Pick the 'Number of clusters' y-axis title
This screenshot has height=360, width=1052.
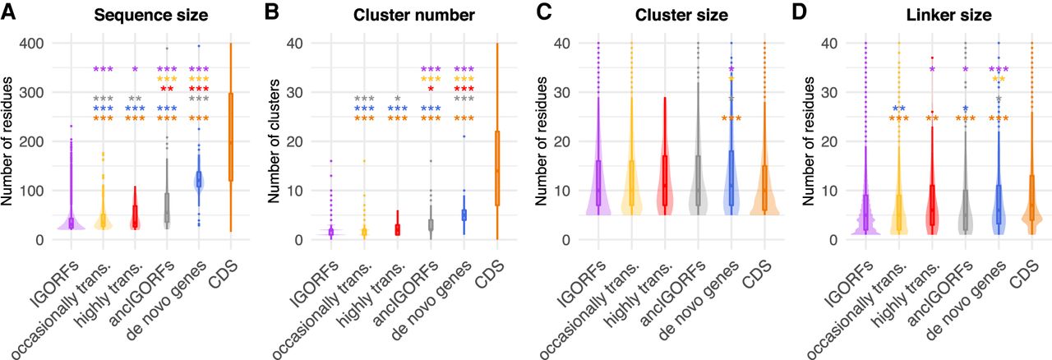click(x=271, y=141)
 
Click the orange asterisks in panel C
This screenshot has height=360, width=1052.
click(x=731, y=118)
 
